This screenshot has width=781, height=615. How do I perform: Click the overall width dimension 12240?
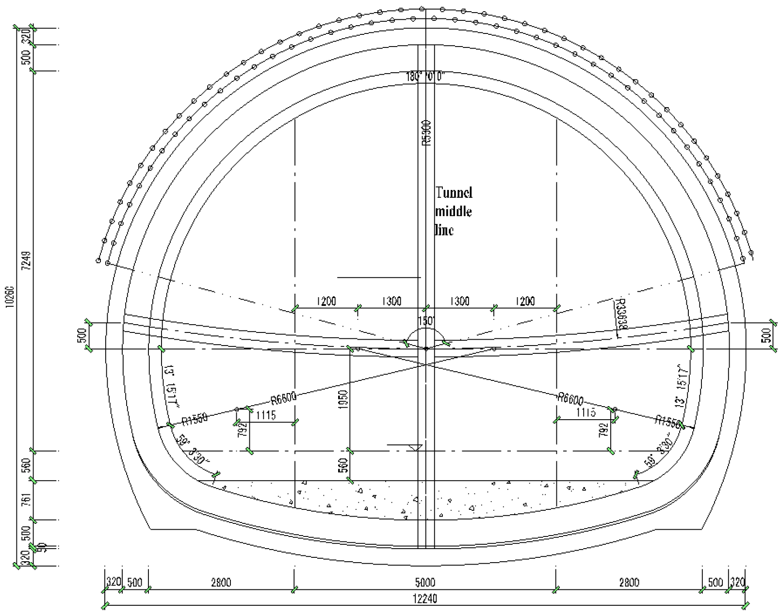tap(424, 599)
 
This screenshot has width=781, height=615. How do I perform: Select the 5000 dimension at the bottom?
tap(424, 582)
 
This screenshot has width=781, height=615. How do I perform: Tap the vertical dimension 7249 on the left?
tap(27, 261)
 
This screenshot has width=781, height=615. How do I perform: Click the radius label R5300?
tap(426, 133)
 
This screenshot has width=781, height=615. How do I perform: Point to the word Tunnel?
tap(454, 193)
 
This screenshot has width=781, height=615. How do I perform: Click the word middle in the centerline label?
tap(453, 211)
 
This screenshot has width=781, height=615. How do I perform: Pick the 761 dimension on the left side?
tap(27, 500)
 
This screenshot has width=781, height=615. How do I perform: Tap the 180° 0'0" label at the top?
tap(425, 77)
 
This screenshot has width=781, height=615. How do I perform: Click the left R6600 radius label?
tap(283, 398)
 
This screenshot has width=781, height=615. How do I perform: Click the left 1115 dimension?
tap(265, 415)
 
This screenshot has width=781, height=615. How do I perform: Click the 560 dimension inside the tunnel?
tap(343, 465)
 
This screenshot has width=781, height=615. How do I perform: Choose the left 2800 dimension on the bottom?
tap(221, 582)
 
